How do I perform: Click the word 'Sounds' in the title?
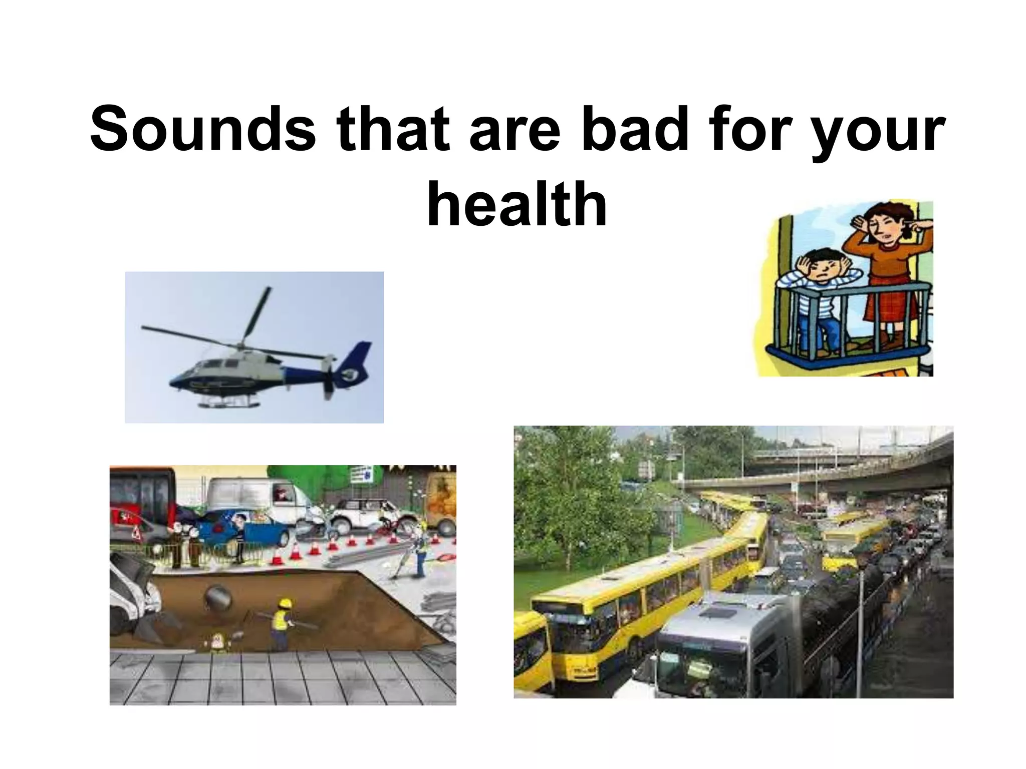[202, 129]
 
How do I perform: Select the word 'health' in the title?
[517, 204]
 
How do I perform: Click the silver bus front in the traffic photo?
[701, 656]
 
